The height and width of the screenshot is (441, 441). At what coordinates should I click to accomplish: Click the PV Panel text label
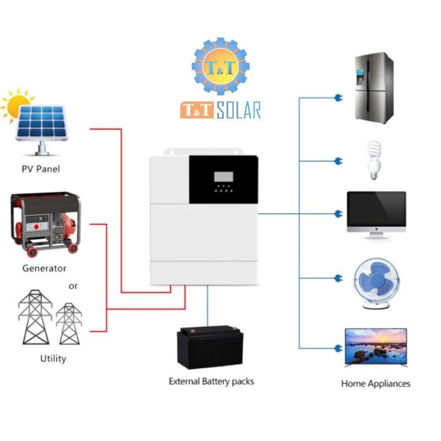[x=40, y=169]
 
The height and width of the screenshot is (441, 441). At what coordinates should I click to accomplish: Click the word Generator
[x=44, y=268]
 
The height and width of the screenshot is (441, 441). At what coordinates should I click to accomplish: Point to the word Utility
[x=53, y=358]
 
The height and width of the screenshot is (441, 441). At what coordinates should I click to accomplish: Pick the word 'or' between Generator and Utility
[x=73, y=286]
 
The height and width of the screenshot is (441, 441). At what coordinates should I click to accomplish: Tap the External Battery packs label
[x=211, y=381]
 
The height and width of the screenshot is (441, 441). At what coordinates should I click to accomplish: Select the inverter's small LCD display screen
[x=223, y=178]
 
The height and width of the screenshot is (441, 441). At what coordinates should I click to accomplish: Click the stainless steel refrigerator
[x=373, y=88]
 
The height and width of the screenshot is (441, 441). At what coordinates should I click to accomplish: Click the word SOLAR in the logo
[x=238, y=110]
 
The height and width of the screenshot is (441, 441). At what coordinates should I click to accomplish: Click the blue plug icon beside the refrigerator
[x=337, y=98]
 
